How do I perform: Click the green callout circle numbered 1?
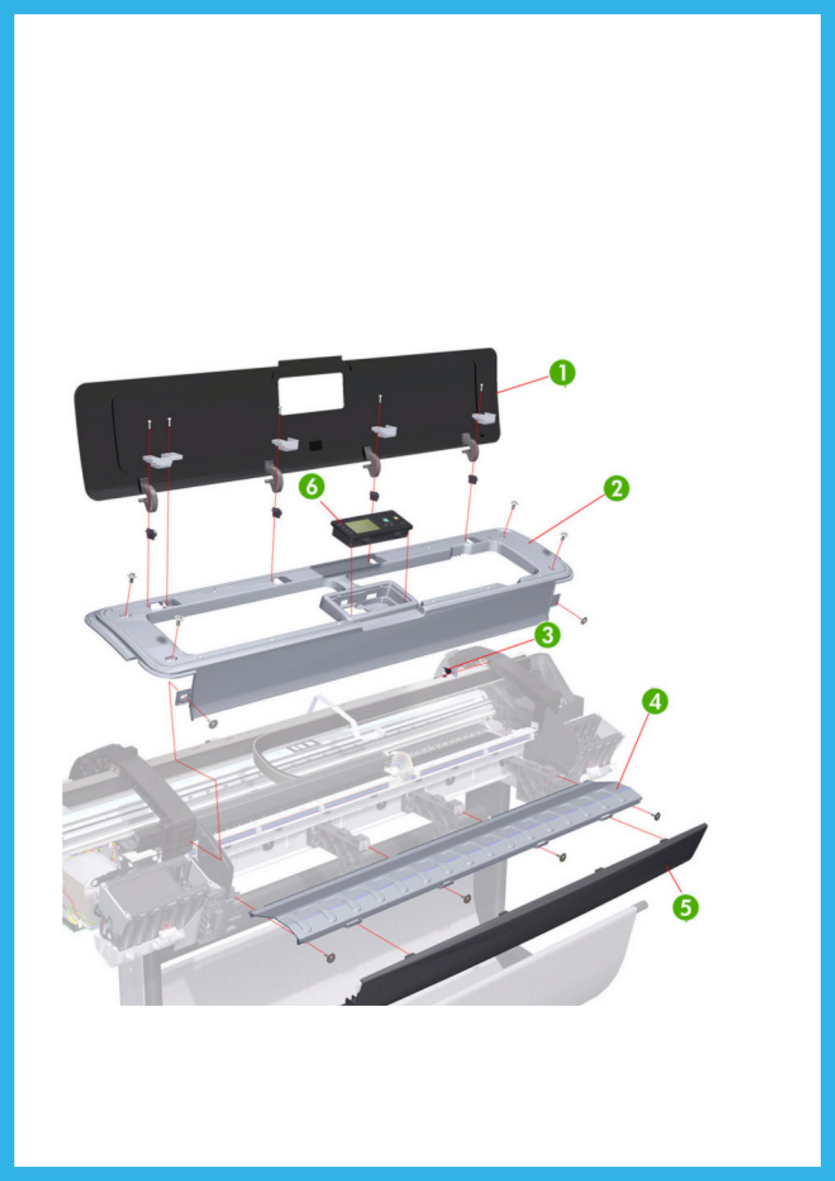click(x=562, y=373)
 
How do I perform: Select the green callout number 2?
click(x=616, y=488)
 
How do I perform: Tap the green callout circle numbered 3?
click(x=547, y=635)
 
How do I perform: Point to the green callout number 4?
click(x=655, y=701)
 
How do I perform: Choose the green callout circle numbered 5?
click(x=685, y=906)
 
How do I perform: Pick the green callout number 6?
click(x=311, y=487)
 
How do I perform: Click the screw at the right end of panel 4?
click(x=656, y=816)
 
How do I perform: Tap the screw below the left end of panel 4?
click(x=330, y=958)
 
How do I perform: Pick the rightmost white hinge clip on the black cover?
click(x=484, y=417)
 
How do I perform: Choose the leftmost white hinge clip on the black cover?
click(x=162, y=458)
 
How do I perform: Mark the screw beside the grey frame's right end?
click(x=583, y=620)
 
